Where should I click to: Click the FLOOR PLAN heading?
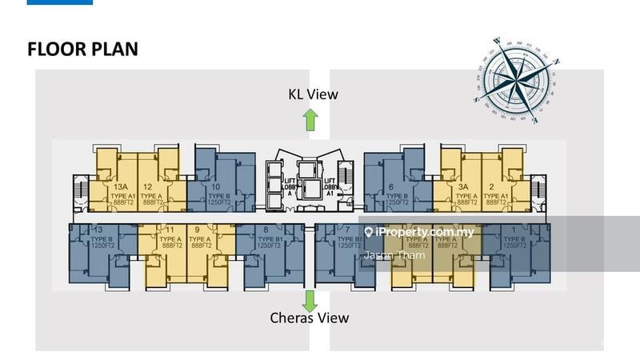point(83,49)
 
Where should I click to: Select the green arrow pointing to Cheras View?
point(310,300)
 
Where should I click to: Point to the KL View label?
point(314,94)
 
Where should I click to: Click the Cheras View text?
point(309,318)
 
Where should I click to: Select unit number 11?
point(170,229)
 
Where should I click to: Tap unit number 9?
point(197,229)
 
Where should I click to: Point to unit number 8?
point(265,229)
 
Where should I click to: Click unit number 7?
point(349,229)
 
